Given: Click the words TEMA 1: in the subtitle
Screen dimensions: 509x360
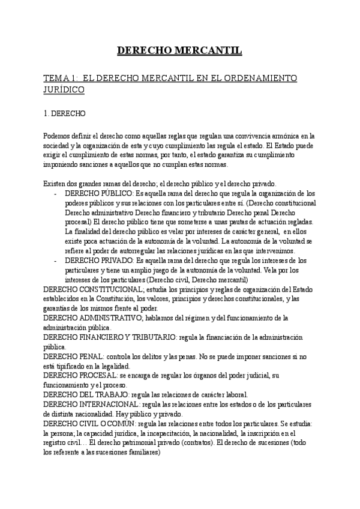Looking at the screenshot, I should click(61, 79).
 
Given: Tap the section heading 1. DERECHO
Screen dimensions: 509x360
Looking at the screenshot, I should click(65, 113).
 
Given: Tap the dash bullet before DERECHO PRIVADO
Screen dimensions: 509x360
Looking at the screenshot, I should click(55, 261).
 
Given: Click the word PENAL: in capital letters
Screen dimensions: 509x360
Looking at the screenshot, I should click(92, 357).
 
